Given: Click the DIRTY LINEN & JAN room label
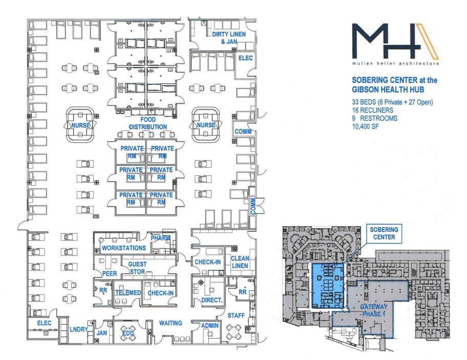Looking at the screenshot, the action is click(x=229, y=38).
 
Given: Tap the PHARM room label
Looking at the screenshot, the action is click(x=160, y=238).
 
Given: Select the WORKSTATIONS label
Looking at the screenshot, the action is click(x=124, y=247).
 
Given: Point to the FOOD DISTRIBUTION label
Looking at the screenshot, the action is click(x=148, y=123).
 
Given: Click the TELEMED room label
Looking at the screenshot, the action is click(x=128, y=292).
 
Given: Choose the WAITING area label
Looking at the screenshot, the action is click(x=170, y=323).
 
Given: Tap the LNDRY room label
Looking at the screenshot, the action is click(x=79, y=329).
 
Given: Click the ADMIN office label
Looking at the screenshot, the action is click(x=210, y=325).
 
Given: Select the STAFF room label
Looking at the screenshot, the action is click(x=236, y=316).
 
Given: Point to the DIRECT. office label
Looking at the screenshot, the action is click(x=212, y=300).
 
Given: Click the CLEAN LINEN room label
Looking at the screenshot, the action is click(x=240, y=262).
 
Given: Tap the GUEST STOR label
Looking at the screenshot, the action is click(x=137, y=267).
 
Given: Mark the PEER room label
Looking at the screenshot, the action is click(x=109, y=274).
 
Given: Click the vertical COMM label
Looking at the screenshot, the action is click(x=253, y=206).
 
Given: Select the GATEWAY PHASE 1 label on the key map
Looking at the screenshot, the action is click(x=374, y=310).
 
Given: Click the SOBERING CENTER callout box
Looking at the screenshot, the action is click(x=384, y=234).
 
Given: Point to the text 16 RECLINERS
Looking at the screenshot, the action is click(x=372, y=110).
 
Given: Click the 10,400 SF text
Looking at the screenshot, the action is click(x=365, y=126).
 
